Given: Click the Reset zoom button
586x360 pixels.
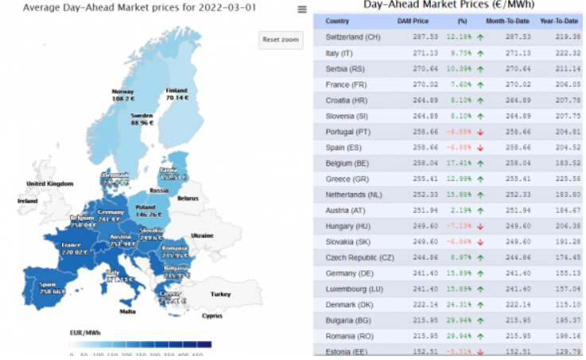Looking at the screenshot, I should (x=281, y=40).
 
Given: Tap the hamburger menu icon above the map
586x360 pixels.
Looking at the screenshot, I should (x=301, y=10).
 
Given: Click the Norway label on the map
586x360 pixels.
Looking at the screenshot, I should (x=122, y=91).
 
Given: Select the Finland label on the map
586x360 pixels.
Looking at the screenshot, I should (x=177, y=91).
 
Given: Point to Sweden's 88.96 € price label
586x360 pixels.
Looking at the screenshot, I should (x=141, y=123).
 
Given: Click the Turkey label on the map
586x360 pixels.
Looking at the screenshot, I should (x=220, y=294).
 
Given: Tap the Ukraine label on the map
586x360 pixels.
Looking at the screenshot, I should (x=201, y=235).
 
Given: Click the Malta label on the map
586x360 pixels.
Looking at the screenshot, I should (x=127, y=311).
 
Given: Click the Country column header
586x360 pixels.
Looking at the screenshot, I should (x=337, y=21).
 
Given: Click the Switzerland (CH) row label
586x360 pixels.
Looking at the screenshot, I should (x=353, y=37).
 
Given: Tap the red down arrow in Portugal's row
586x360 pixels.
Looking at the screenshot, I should (x=480, y=131).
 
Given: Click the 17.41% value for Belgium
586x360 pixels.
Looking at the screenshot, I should (x=460, y=163).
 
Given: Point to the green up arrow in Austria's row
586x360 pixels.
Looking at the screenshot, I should (x=480, y=210).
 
